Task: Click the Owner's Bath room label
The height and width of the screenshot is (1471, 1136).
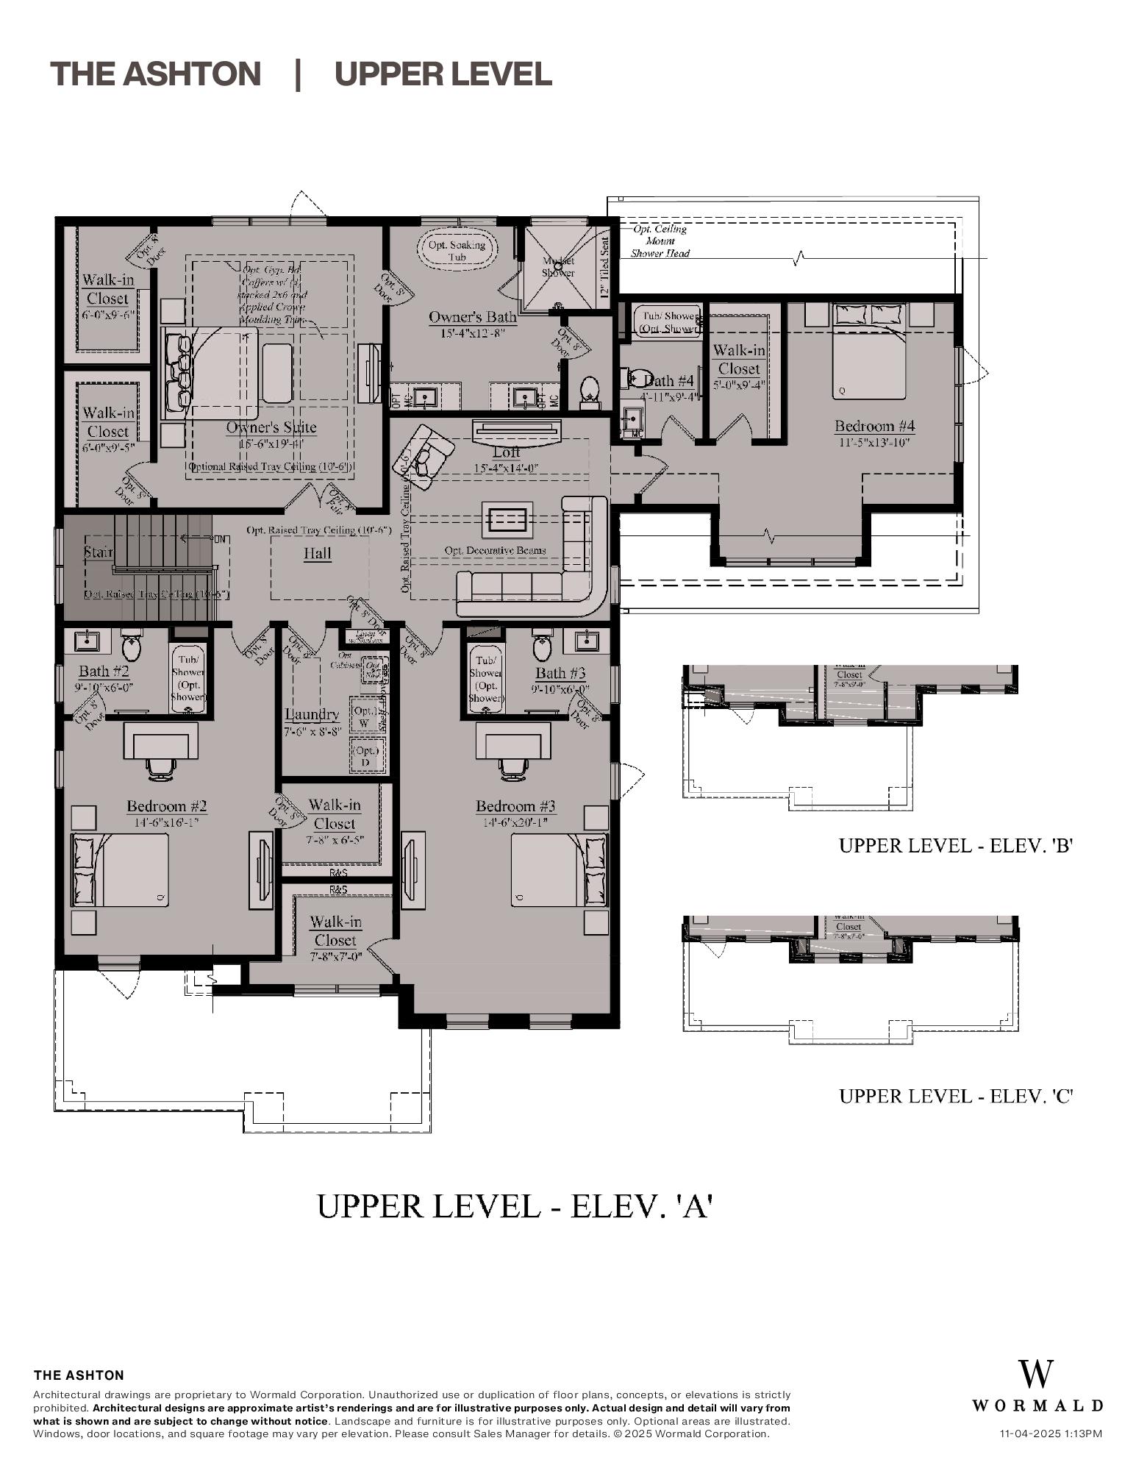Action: pyautogui.click(x=473, y=318)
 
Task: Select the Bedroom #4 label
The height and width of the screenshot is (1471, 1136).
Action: pyautogui.click(x=874, y=426)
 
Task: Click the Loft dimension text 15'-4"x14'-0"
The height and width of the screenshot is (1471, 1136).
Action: pyautogui.click(x=506, y=468)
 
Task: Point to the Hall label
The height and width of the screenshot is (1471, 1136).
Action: pyautogui.click(x=318, y=554)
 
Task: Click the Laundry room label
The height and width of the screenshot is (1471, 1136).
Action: pyautogui.click(x=312, y=714)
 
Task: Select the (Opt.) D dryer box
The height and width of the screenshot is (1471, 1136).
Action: pyautogui.click(x=365, y=756)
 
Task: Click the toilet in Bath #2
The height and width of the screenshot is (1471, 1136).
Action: pyautogui.click(x=132, y=647)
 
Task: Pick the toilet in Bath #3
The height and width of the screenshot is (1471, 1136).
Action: pyautogui.click(x=542, y=647)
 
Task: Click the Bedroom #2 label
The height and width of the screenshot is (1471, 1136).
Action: pyautogui.click(x=166, y=806)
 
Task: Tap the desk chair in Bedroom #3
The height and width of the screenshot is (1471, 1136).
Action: pyautogui.click(x=512, y=766)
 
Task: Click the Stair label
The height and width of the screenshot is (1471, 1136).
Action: pyautogui.click(x=98, y=552)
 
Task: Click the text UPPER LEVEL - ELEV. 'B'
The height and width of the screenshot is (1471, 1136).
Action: pyautogui.click(x=956, y=846)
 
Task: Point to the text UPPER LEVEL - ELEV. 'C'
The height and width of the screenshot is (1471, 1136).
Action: pyautogui.click(x=956, y=1096)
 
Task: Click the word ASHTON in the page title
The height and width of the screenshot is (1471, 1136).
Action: pyautogui.click(x=191, y=74)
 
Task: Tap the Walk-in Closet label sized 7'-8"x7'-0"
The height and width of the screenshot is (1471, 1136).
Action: pyautogui.click(x=335, y=931)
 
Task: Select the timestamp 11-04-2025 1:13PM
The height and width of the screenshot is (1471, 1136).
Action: pyautogui.click(x=1051, y=1433)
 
